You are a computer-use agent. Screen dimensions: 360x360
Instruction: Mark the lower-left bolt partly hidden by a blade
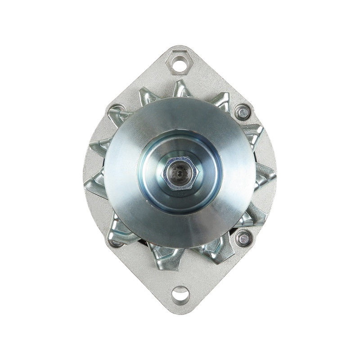[117, 243]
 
